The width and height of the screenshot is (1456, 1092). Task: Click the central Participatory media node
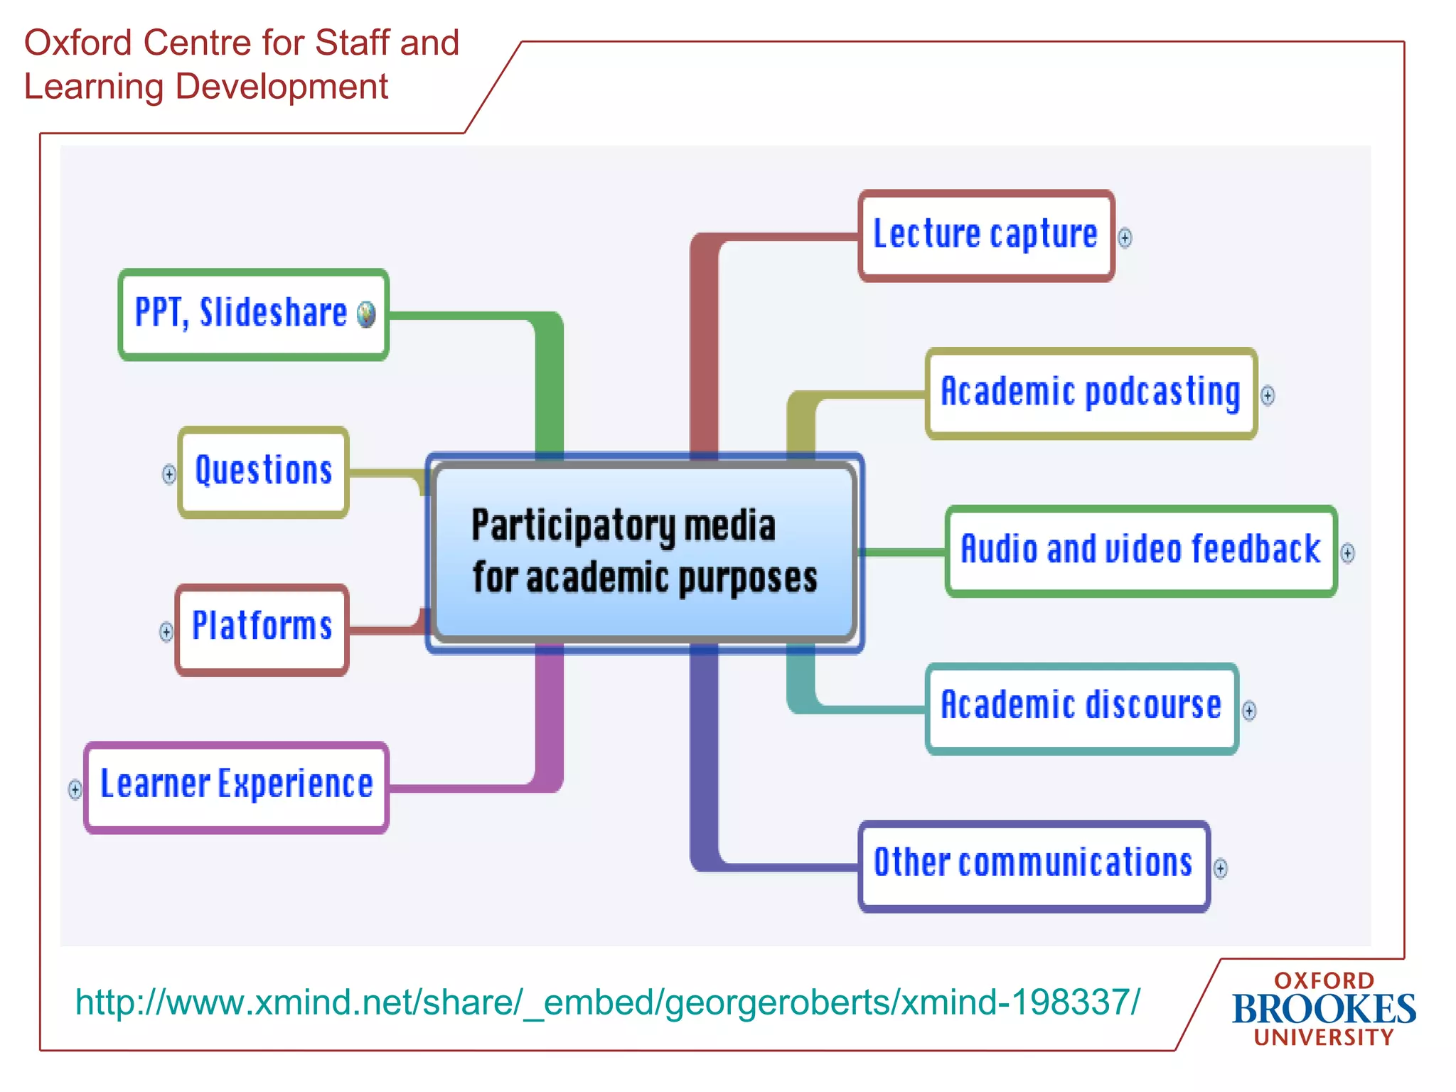click(x=644, y=552)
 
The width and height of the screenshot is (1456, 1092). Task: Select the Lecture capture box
click(x=985, y=235)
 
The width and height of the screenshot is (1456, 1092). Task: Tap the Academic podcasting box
click(x=1091, y=393)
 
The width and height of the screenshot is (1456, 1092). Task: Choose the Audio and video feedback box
click(x=1140, y=551)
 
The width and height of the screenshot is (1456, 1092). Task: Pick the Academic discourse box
click(x=1081, y=708)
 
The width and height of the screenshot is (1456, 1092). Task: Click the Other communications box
click(x=1033, y=865)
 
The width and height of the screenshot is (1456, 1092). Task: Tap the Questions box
click(x=264, y=472)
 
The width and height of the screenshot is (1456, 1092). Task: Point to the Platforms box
click(x=262, y=629)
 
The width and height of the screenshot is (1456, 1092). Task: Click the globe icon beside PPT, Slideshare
click(x=366, y=314)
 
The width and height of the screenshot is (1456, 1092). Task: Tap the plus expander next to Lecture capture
click(x=1125, y=237)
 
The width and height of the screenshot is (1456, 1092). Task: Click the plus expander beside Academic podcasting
click(x=1268, y=395)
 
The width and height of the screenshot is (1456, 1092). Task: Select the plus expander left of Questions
click(x=168, y=474)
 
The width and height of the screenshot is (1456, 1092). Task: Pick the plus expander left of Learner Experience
click(x=75, y=789)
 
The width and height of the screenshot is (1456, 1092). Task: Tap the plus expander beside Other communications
click(x=1221, y=868)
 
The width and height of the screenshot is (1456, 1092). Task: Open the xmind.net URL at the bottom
click(x=608, y=1002)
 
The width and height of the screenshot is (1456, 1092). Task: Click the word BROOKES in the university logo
click(x=1324, y=1009)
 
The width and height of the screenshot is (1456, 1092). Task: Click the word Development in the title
click(x=282, y=87)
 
